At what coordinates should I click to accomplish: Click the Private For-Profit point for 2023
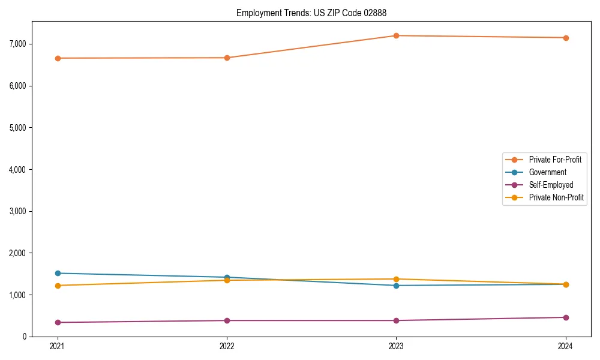click(396, 36)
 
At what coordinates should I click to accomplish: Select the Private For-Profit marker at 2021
click(58, 58)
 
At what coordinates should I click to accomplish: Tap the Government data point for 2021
click(58, 274)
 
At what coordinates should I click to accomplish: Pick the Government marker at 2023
click(396, 286)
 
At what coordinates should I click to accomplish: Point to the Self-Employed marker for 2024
click(566, 317)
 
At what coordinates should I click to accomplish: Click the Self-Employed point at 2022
click(227, 320)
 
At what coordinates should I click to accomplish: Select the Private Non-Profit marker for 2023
click(396, 279)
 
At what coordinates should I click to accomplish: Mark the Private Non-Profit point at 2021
click(58, 286)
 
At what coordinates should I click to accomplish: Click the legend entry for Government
click(547, 172)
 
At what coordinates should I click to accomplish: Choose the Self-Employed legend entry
click(551, 185)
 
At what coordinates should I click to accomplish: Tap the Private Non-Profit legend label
click(556, 197)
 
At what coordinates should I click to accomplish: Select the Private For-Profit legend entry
click(555, 160)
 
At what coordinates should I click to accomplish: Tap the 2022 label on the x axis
click(227, 346)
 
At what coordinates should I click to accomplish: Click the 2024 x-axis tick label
click(566, 346)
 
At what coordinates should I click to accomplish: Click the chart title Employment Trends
click(274, 13)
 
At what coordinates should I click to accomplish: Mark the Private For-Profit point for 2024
click(566, 38)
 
